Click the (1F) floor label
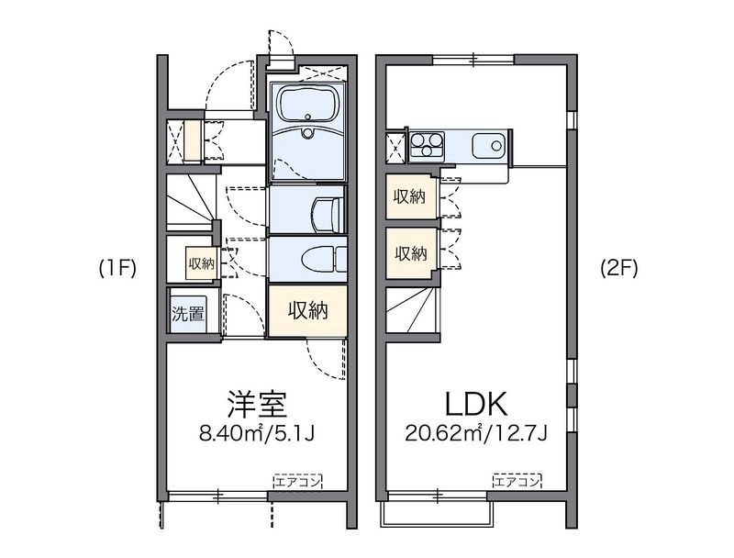(x=117, y=268)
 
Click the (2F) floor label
(x=619, y=268)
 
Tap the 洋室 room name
(x=257, y=404)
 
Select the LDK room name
(x=476, y=404)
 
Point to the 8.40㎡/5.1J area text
(x=257, y=434)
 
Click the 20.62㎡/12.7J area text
(x=476, y=434)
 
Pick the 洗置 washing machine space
(x=188, y=314)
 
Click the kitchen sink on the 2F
(x=489, y=146)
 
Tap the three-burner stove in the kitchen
(x=427, y=145)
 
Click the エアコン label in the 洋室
(x=298, y=482)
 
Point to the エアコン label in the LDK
(x=517, y=482)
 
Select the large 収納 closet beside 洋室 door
(x=307, y=310)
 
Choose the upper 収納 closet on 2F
(x=411, y=196)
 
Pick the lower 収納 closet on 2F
(x=411, y=253)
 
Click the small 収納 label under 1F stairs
(x=202, y=263)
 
